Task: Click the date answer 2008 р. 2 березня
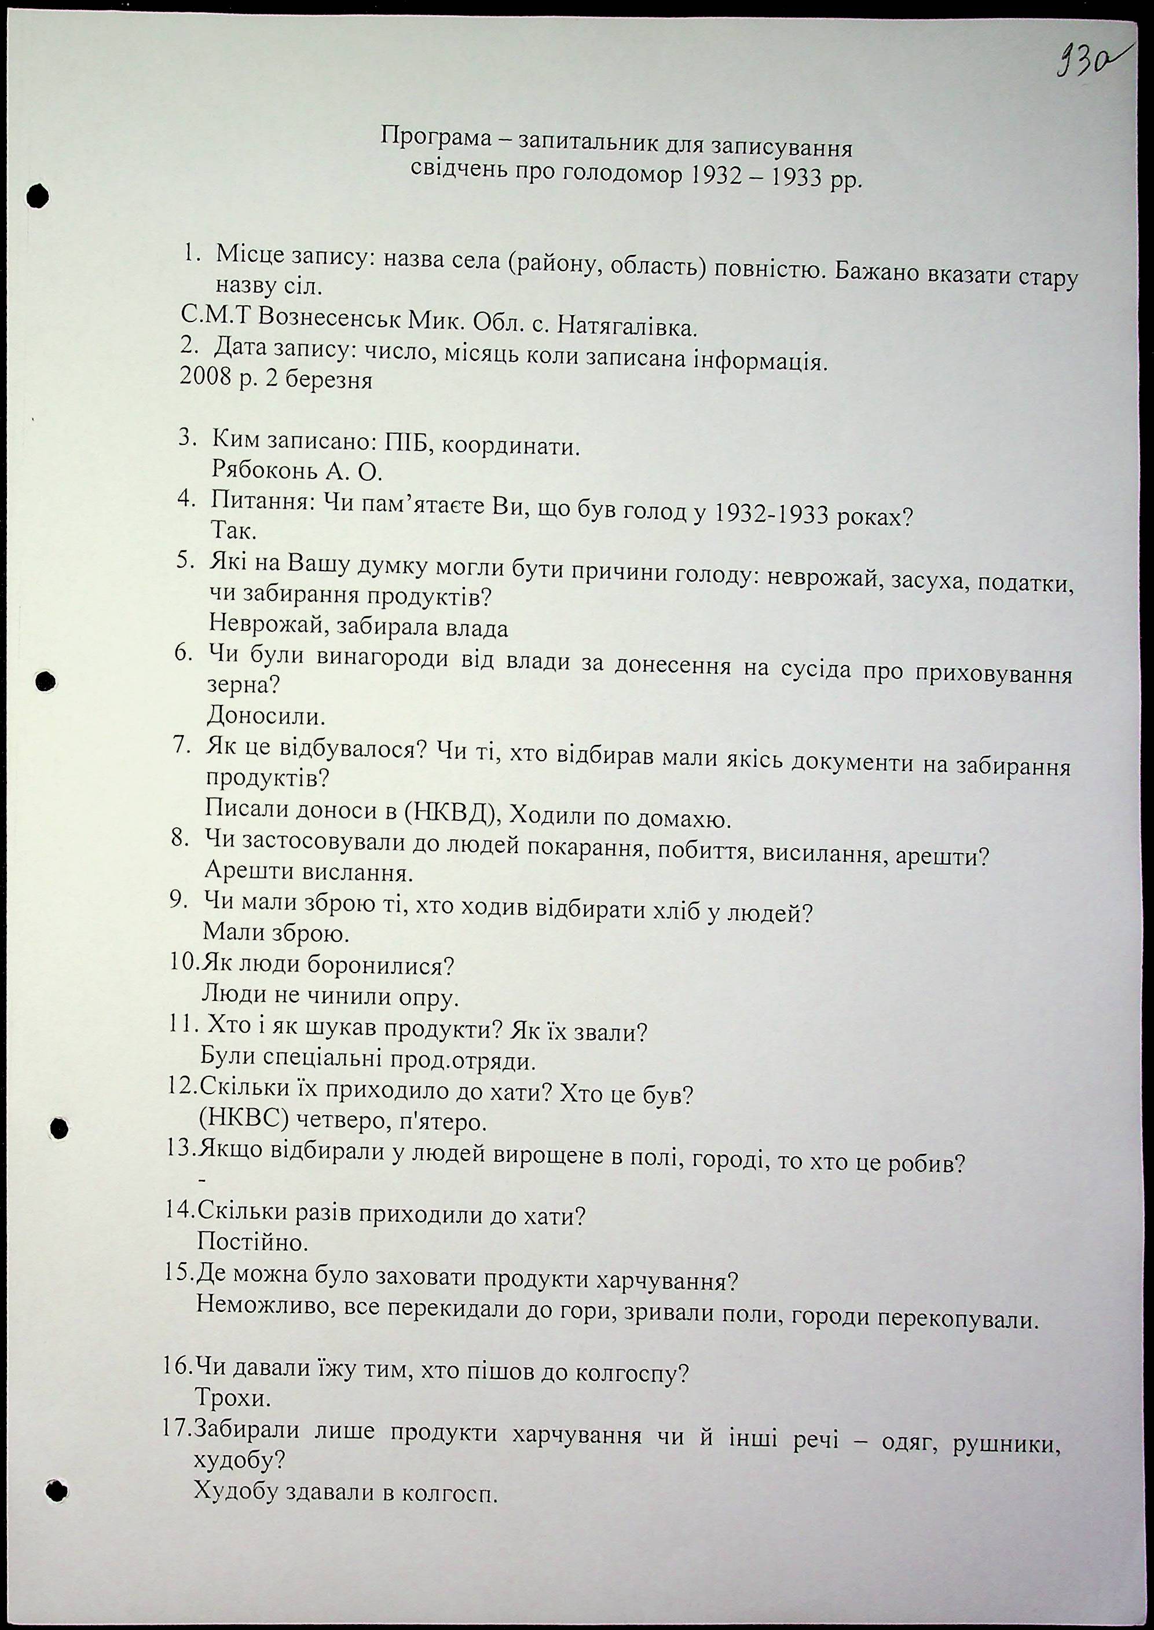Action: (x=276, y=379)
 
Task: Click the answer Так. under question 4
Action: (x=234, y=531)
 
